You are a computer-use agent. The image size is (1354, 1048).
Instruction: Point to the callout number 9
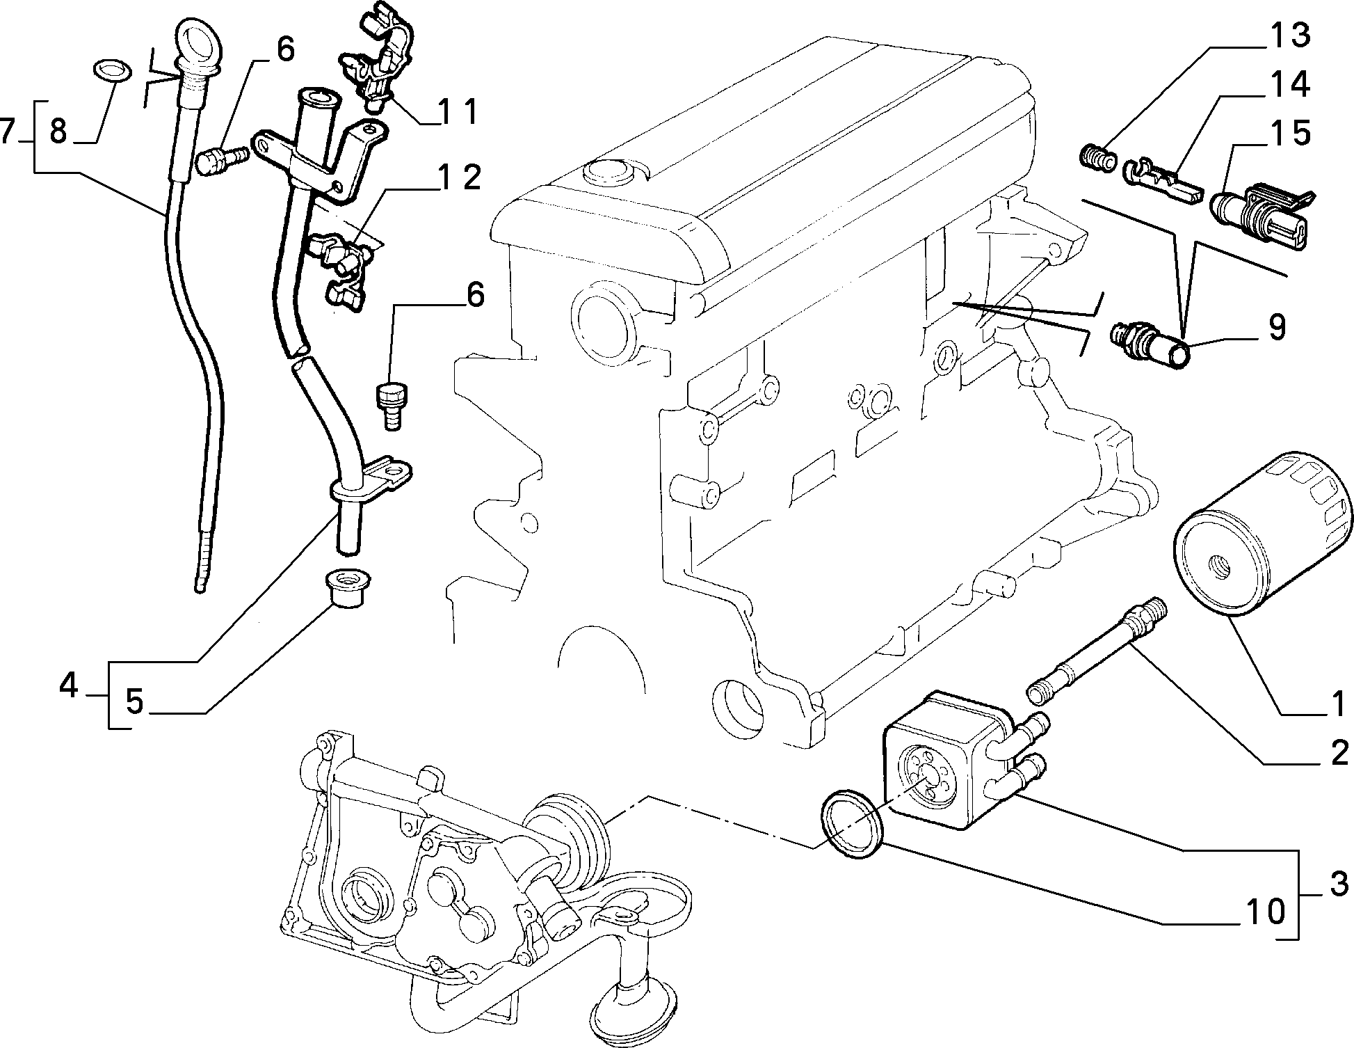point(1277,327)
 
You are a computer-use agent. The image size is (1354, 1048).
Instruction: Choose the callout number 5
point(134,702)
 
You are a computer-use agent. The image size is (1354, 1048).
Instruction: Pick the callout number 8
point(58,130)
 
